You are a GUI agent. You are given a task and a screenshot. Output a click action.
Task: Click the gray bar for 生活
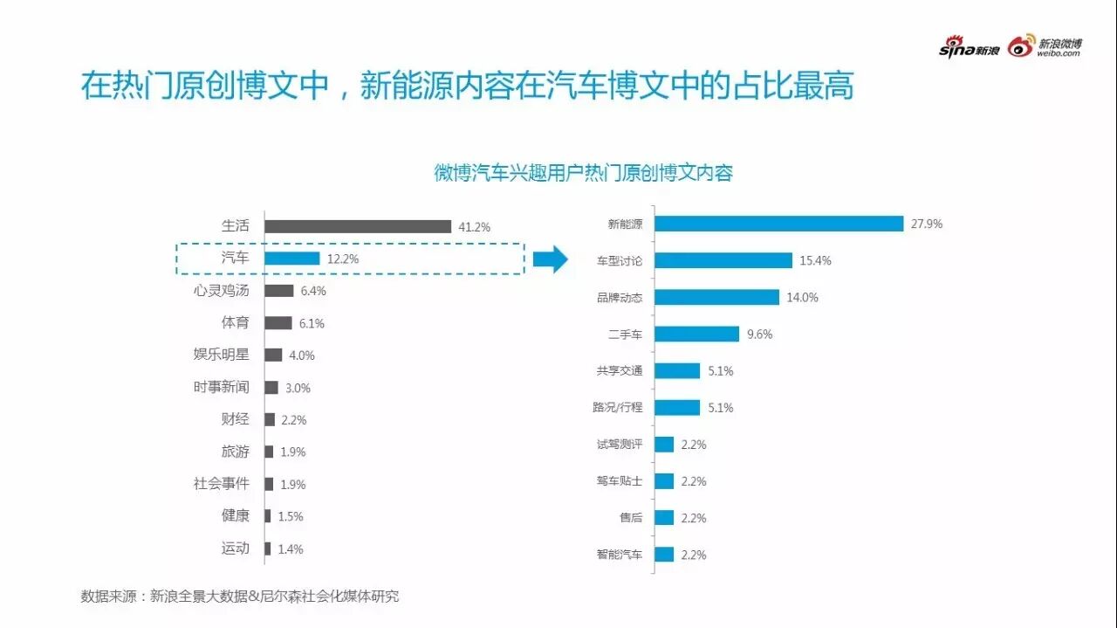click(x=358, y=226)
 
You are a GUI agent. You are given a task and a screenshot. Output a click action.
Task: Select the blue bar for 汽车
click(x=291, y=259)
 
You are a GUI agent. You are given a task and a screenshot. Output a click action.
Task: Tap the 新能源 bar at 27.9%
click(x=778, y=224)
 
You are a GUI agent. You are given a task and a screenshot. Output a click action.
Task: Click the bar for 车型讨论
click(x=723, y=260)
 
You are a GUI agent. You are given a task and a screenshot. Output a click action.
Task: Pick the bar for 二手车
click(x=696, y=334)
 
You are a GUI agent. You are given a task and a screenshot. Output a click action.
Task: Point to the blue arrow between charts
click(x=551, y=259)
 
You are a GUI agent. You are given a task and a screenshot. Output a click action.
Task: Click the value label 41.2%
click(x=475, y=227)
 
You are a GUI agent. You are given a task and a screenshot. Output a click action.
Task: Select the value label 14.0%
click(x=802, y=297)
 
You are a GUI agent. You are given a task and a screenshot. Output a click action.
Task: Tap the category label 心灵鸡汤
click(x=221, y=290)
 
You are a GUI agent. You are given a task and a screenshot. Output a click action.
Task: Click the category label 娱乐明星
click(x=221, y=355)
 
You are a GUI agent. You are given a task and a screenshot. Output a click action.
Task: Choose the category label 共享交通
click(x=619, y=371)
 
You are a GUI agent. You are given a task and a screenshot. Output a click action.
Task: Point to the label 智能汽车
click(x=619, y=555)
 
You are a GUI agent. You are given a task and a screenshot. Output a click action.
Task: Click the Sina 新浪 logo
click(x=969, y=49)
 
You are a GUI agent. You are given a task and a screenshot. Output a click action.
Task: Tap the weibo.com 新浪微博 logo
click(x=1045, y=47)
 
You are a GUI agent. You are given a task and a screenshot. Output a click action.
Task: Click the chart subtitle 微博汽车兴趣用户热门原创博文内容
click(x=583, y=172)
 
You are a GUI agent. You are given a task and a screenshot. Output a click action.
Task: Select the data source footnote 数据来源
click(x=240, y=597)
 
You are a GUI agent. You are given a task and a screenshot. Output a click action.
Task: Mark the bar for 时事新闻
click(x=271, y=387)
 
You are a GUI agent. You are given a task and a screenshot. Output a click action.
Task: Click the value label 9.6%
click(x=759, y=334)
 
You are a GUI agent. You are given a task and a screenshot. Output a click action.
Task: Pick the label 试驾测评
click(x=619, y=445)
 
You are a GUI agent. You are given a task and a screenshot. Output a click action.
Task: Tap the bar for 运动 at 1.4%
click(x=267, y=549)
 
